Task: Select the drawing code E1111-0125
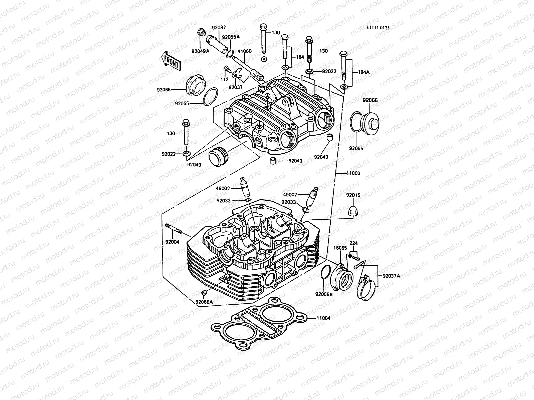pos(377,28)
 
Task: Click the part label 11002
pos(353,173)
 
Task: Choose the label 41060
pos(244,51)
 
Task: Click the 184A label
pos(364,72)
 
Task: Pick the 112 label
pos(225,80)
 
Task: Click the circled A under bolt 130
pos(264,59)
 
